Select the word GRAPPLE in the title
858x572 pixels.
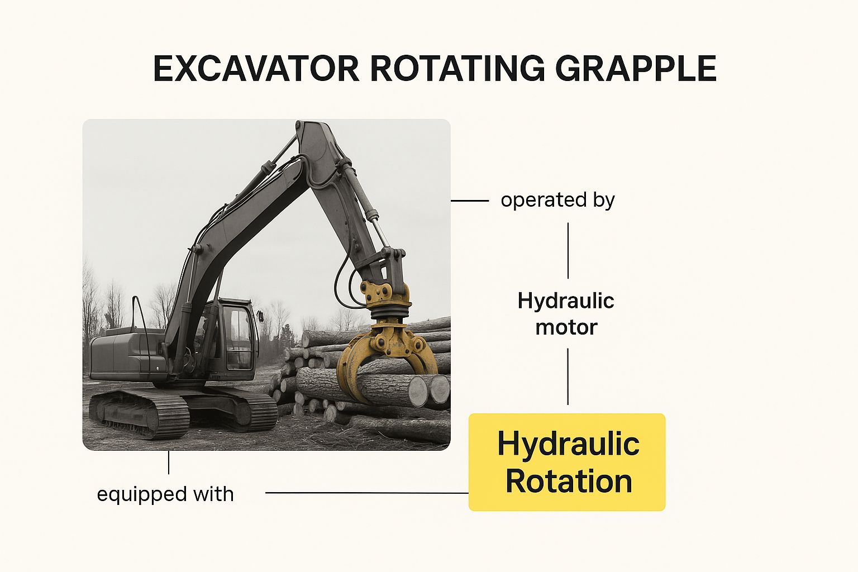[636, 69]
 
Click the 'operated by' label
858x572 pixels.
[557, 200]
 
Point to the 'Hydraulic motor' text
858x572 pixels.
[566, 314]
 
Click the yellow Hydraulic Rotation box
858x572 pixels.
[567, 462]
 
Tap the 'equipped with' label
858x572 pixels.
[165, 494]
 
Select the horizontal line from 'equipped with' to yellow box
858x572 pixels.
[367, 493]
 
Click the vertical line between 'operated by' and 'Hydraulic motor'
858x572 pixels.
[568, 251]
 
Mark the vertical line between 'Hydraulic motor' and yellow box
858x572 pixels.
[568, 376]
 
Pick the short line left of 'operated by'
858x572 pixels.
[470, 201]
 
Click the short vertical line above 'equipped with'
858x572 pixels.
[169, 462]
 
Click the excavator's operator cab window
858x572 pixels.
[239, 337]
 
